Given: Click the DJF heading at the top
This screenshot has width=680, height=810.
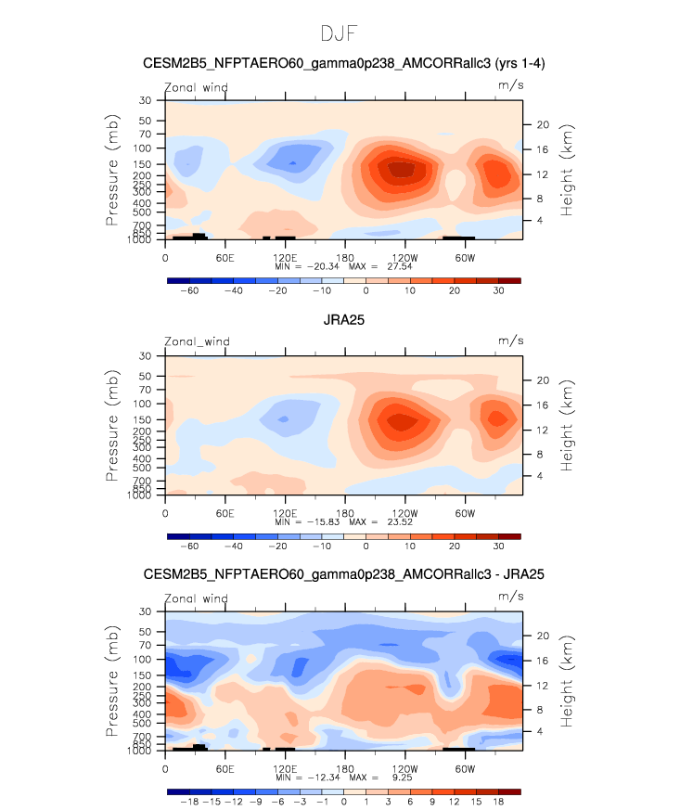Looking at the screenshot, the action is point(339,33).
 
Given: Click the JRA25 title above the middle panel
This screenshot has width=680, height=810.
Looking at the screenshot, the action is point(344,320).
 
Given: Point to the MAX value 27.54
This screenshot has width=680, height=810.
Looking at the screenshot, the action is point(400,266).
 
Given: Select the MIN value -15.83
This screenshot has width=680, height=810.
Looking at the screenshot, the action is point(323,521).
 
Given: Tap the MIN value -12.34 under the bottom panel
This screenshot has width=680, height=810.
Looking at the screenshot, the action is point(323,778).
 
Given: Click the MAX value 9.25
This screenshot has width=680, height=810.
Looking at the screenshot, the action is point(402,778).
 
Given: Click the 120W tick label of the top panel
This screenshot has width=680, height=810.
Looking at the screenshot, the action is point(404,258).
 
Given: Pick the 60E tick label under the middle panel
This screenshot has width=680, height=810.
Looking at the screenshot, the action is point(225,513).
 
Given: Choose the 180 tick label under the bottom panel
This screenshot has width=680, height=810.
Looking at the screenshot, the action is point(345,769).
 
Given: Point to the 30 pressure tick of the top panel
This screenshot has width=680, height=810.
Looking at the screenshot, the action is point(145,100).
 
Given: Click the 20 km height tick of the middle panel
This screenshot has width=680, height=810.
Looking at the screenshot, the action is point(543,380).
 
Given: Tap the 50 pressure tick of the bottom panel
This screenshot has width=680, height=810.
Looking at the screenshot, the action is point(145,632).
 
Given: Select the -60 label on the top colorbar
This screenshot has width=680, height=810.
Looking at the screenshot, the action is point(189,290).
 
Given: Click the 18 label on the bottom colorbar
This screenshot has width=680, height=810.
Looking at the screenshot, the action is point(498,802).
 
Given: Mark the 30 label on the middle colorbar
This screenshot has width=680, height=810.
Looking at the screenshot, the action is point(498,546).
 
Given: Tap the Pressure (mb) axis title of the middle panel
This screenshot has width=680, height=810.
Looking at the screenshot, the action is point(112,426).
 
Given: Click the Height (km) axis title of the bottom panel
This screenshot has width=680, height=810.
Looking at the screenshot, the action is point(567,682).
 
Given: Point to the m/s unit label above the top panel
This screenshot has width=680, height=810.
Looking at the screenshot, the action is point(510,85).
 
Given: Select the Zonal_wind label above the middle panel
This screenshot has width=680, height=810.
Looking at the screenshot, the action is point(197,341).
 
